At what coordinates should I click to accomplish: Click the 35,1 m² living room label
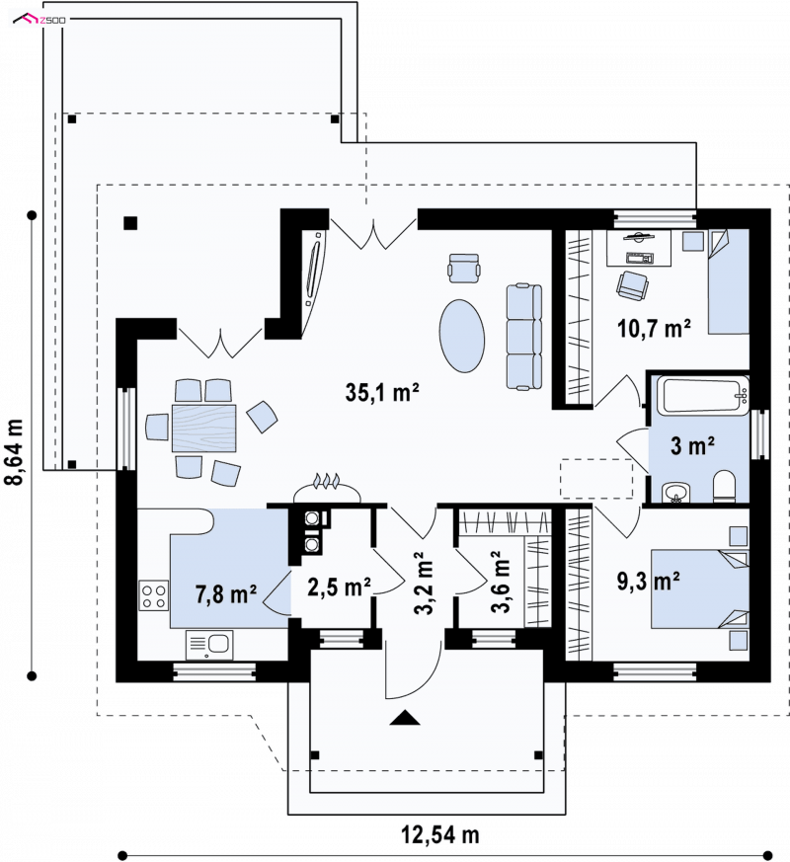click(x=382, y=392)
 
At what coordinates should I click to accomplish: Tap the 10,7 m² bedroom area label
click(x=654, y=328)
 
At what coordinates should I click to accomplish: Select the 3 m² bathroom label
click(x=692, y=445)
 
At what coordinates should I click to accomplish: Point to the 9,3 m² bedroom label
click(x=648, y=581)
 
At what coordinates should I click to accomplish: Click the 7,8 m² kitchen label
click(x=226, y=593)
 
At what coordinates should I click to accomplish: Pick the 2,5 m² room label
click(x=339, y=587)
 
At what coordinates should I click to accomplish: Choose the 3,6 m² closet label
click(x=501, y=582)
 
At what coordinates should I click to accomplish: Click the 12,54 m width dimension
click(x=440, y=834)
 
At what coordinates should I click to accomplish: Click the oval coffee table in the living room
click(x=462, y=336)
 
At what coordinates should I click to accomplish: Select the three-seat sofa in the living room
click(x=524, y=337)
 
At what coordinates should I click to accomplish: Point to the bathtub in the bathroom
click(x=706, y=396)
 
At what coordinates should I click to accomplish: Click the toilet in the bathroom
click(x=724, y=487)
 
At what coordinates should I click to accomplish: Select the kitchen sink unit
click(x=209, y=645)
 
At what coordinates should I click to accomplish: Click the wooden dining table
click(x=204, y=429)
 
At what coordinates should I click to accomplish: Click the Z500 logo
click(x=39, y=20)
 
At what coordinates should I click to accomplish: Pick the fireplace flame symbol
click(x=327, y=481)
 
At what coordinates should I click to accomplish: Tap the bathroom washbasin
click(x=675, y=493)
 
